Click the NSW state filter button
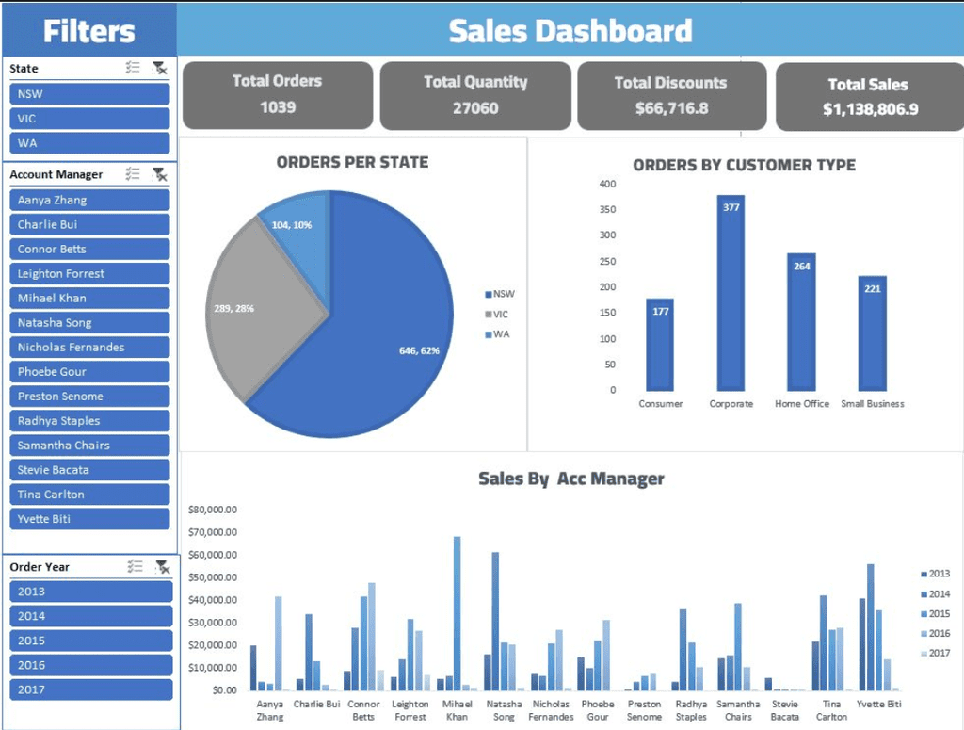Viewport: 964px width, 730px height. pos(89,94)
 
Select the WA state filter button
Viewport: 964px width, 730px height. pos(89,143)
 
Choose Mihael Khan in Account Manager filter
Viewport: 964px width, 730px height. pos(89,299)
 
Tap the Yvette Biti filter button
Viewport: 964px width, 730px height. pos(89,519)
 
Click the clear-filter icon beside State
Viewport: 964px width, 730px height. pos(160,68)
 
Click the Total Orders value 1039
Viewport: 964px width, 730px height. pos(278,107)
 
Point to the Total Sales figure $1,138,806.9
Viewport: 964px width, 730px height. pos(870,109)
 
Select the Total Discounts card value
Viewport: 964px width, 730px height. pos(671,108)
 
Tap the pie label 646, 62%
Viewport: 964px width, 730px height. pos(419,350)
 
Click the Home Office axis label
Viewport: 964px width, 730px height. pos(802,404)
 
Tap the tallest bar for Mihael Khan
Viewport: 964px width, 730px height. pos(458,612)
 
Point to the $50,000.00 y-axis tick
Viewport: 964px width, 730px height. pos(212,577)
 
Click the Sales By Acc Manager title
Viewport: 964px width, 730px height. pos(570,479)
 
